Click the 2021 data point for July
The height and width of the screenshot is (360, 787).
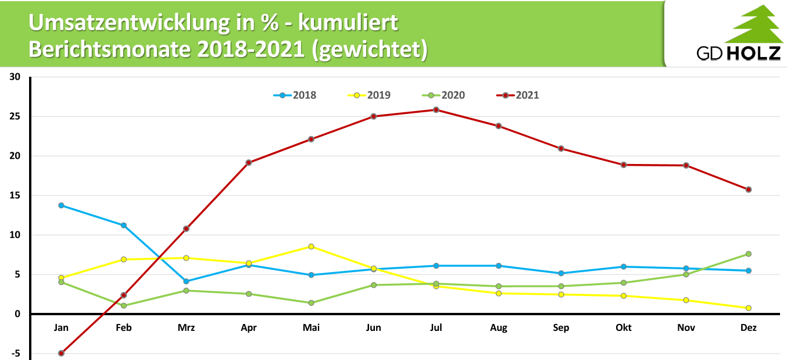point(436,110)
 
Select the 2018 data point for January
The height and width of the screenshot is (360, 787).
point(61,205)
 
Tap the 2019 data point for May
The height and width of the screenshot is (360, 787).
point(311,247)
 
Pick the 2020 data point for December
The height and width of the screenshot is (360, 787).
point(749,254)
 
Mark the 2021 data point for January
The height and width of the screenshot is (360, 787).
point(61,353)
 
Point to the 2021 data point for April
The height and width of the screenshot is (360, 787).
point(249,163)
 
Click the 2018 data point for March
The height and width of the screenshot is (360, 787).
point(186,281)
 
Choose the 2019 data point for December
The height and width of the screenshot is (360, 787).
point(749,308)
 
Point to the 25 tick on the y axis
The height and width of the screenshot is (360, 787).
point(15,116)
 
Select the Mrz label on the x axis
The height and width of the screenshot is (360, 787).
point(186,328)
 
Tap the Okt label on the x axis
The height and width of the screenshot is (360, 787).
point(624,328)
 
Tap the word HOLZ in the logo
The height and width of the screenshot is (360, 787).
point(753,54)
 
